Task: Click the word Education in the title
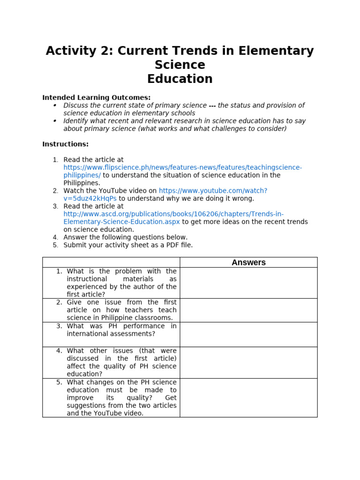pos(180,79)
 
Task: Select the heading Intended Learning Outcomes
pos(97,97)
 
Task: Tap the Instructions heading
pos(65,144)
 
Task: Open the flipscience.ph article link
pos(183,167)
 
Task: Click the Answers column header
pos(248,262)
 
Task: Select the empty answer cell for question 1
pos(248,283)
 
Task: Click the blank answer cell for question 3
pos(248,334)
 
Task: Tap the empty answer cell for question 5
pos(248,397)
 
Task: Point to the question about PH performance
pos(121,330)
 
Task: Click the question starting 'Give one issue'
pos(121,310)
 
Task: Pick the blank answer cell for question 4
pos(248,362)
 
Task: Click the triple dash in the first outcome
pos(212,105)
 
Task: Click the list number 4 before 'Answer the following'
pos(55,238)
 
